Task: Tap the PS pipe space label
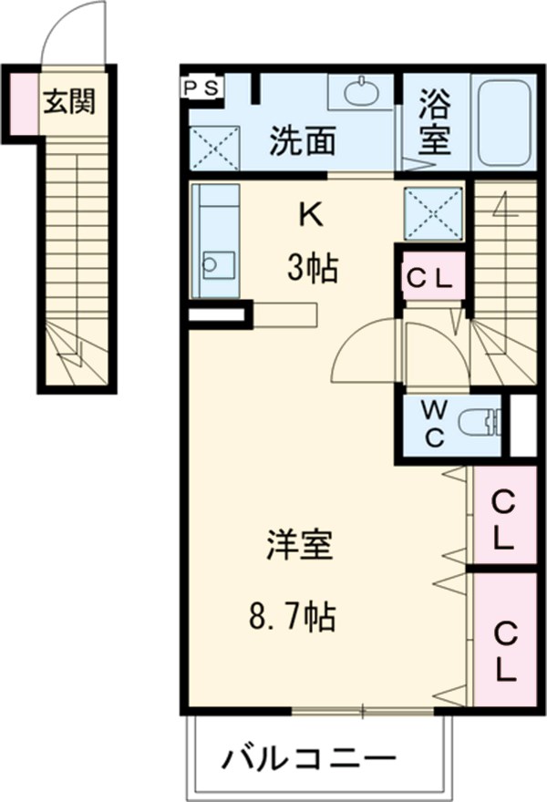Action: [202, 87]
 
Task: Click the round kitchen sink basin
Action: [212, 265]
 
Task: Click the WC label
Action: [433, 425]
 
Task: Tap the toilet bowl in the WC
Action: [480, 424]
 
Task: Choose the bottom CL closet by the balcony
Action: [502, 650]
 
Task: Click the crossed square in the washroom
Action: [214, 146]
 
